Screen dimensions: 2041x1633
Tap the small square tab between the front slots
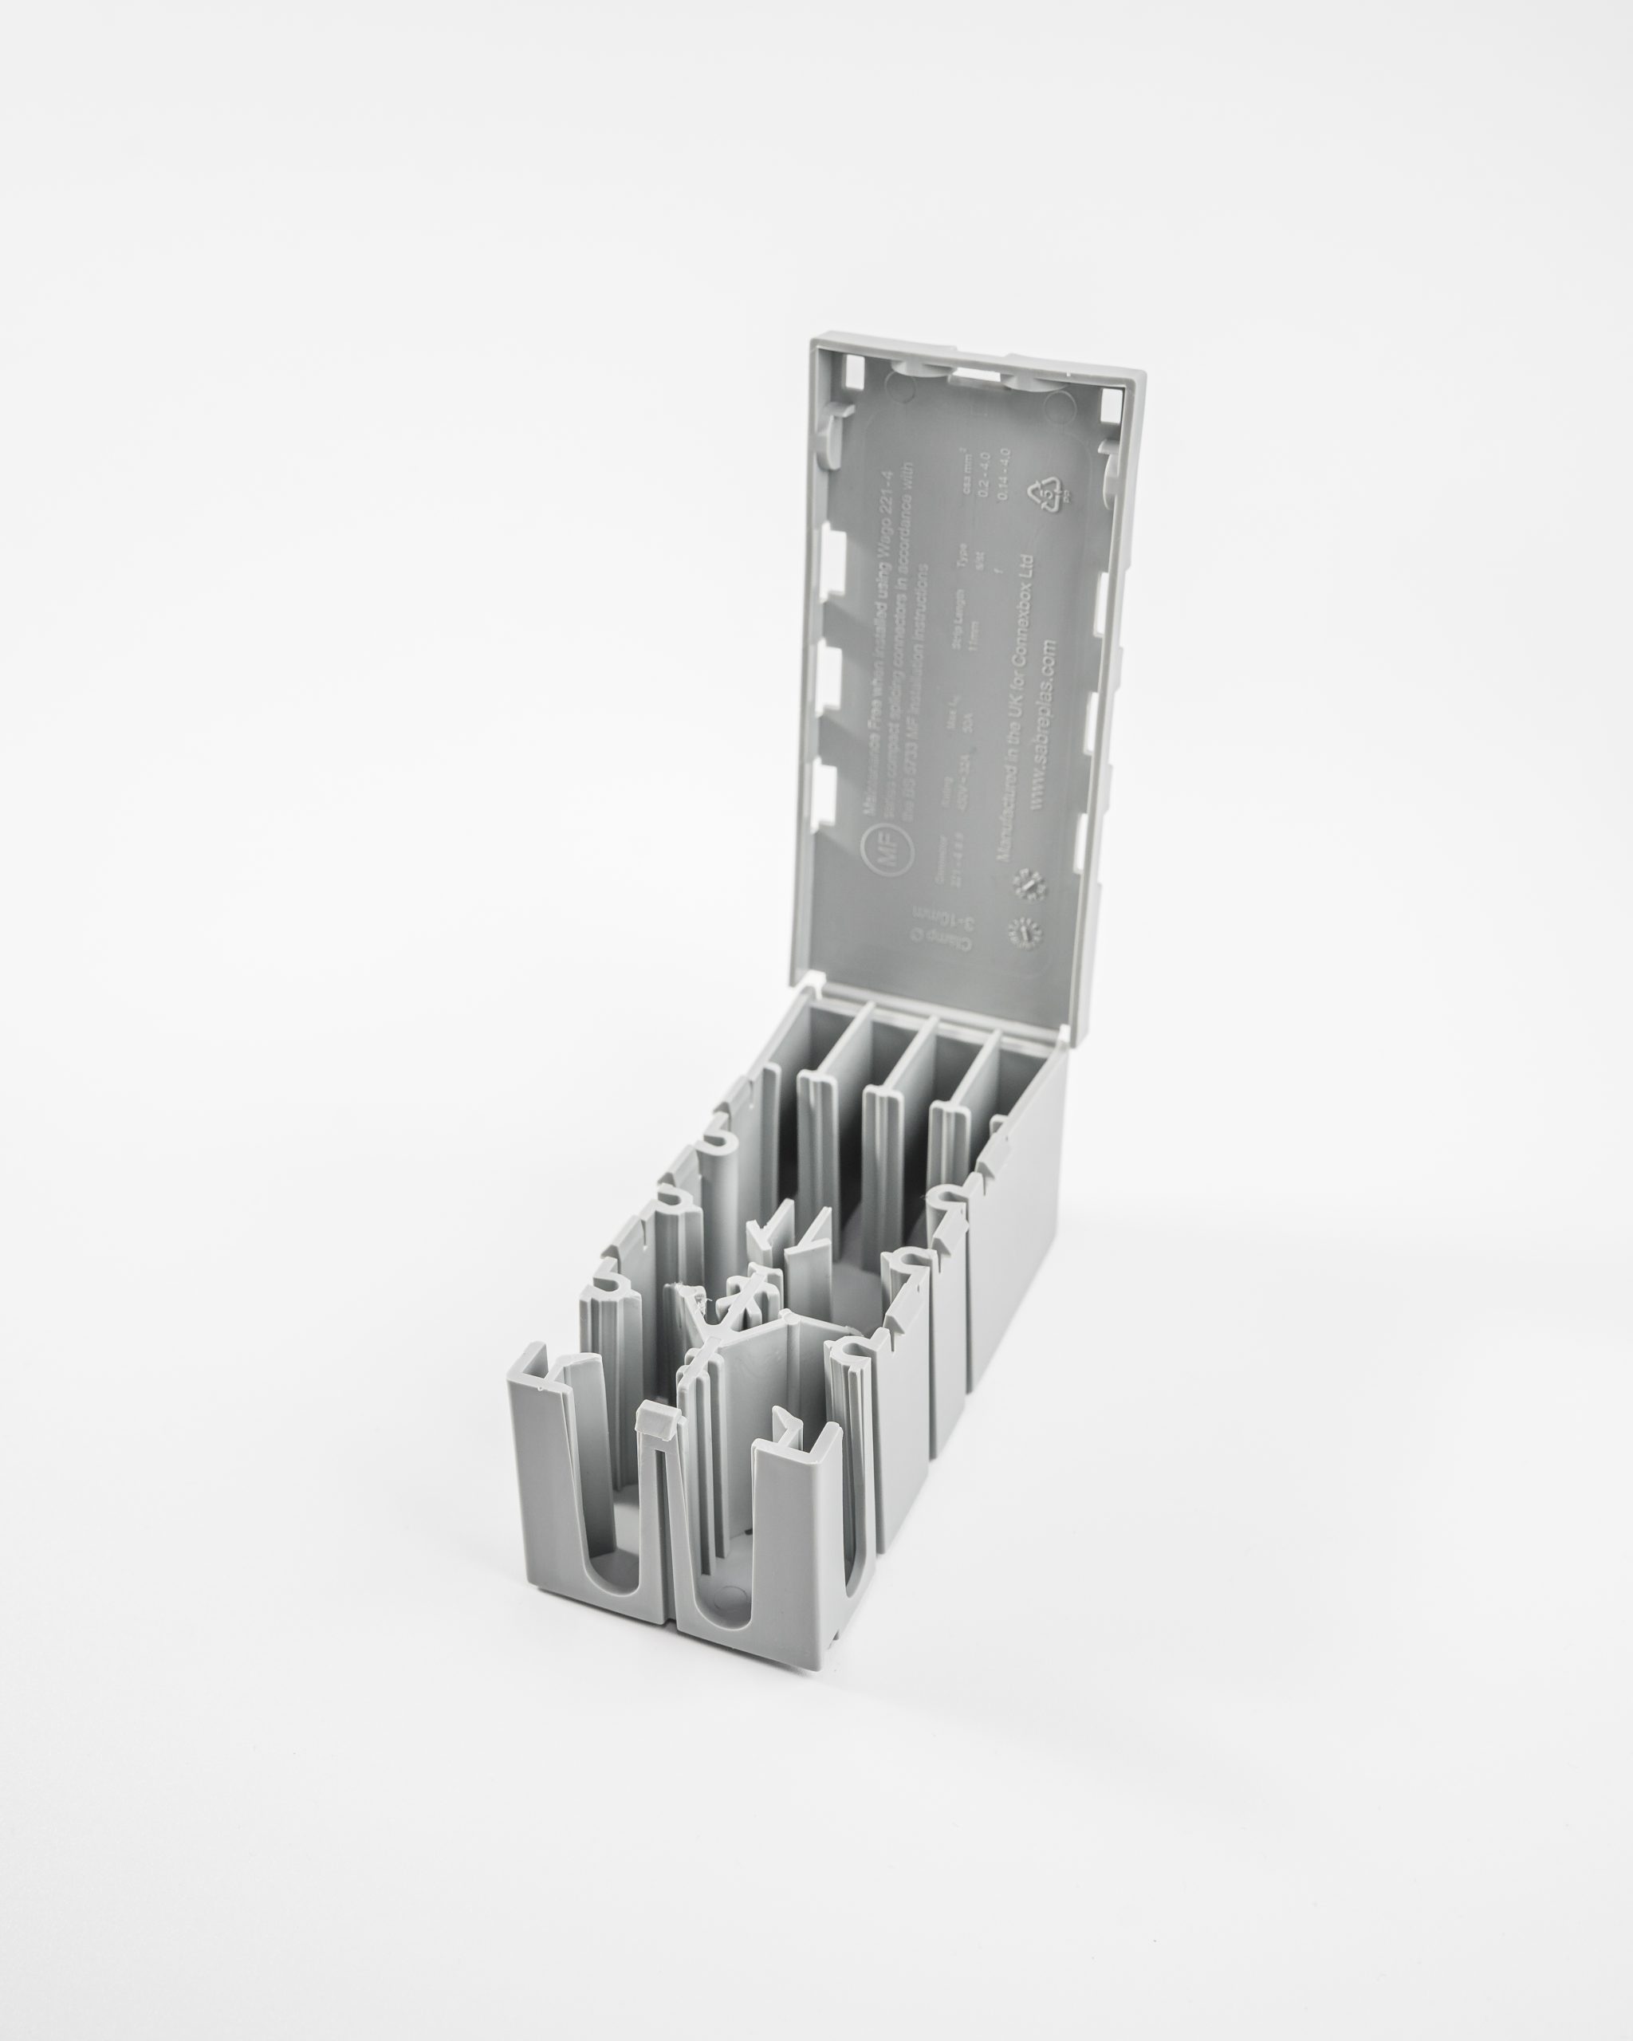point(656,1445)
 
